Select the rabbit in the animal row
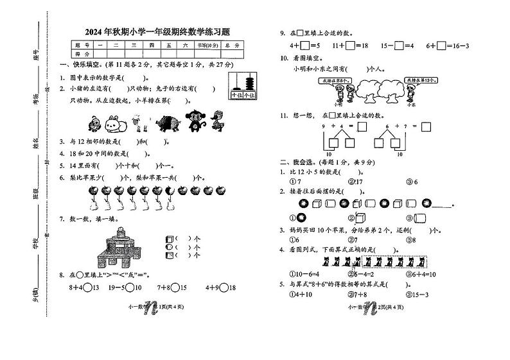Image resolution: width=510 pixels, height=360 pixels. point(114,121)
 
